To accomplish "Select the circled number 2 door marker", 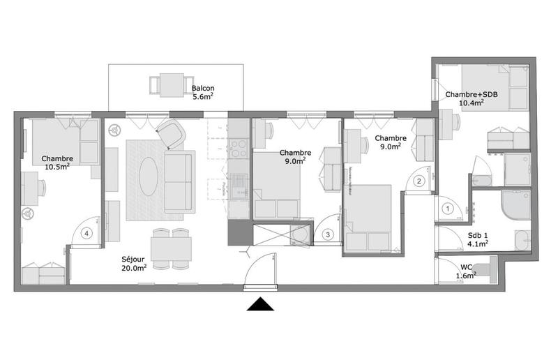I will point(419,181).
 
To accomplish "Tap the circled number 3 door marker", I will point(328,234).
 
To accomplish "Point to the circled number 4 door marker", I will point(86,234).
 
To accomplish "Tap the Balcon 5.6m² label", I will point(204,93).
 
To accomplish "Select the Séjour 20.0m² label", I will point(134,262).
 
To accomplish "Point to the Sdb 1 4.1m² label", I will point(476,239).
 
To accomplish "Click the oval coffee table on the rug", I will point(149,177).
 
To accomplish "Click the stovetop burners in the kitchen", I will point(239,149).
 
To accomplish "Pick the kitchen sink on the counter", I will point(239,183).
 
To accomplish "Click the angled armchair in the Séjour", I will point(172,133).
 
